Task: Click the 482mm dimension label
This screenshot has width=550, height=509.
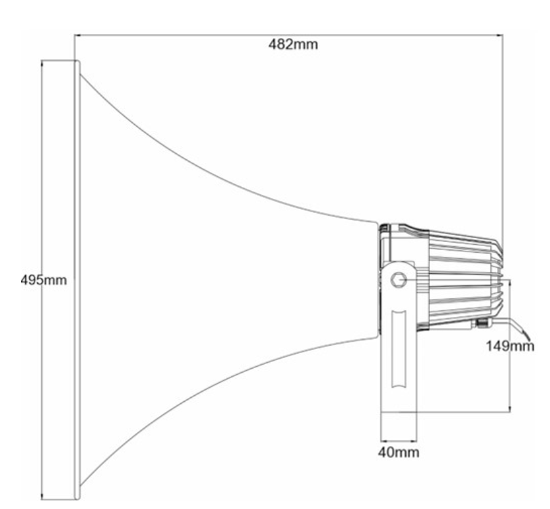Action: (x=293, y=45)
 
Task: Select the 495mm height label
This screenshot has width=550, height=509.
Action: (x=43, y=280)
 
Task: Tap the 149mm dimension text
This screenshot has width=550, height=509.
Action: (x=510, y=346)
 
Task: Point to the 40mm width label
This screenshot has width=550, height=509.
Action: (x=399, y=452)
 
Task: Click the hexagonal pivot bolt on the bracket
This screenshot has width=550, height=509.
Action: (x=399, y=280)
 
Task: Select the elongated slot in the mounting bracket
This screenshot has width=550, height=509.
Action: (x=399, y=349)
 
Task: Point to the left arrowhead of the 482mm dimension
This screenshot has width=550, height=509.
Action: (x=78, y=35)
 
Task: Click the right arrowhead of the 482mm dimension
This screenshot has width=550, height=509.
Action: (x=499, y=35)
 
